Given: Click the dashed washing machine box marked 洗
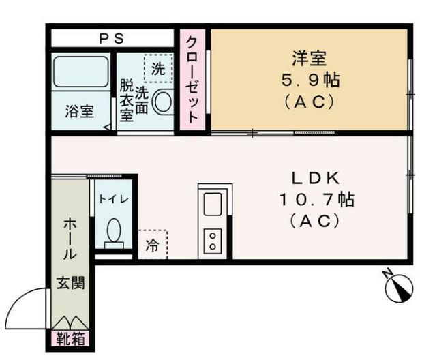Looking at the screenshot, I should point(157,68).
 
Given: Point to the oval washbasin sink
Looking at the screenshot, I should point(162,103).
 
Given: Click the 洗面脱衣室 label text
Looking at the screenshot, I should point(134,100).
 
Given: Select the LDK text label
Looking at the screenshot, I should point(315,179).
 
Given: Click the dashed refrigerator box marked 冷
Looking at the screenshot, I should point(153,245).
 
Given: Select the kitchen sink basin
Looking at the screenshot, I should point(211,203).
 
